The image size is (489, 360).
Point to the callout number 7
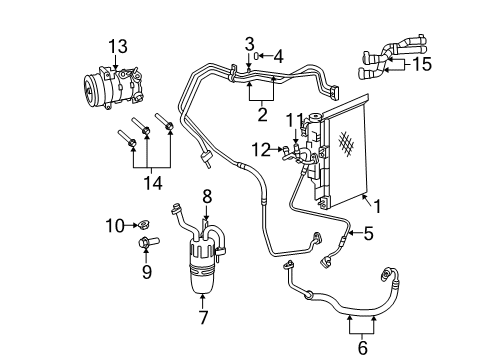click(204, 317)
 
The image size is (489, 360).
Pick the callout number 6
click(362, 347)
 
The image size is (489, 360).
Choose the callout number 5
click(368, 235)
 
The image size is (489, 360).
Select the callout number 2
click(262, 114)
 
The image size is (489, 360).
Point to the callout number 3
click(248, 43)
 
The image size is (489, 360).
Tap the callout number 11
click(293, 120)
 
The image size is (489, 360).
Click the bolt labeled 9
click(146, 243)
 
